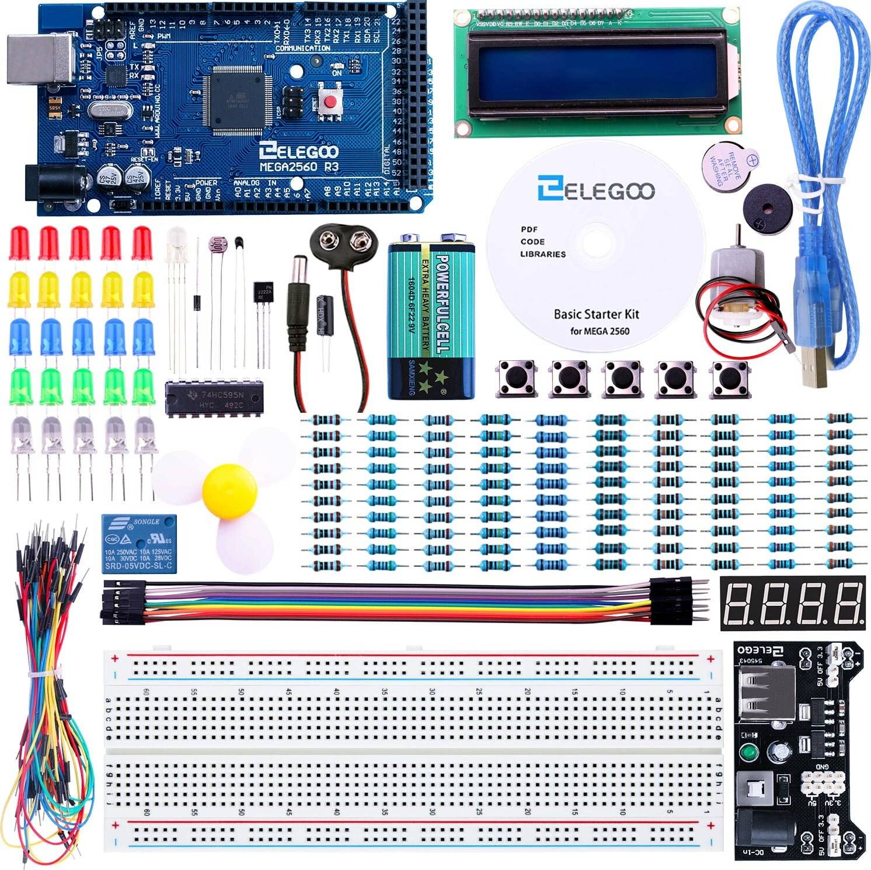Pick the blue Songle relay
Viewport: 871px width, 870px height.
139,544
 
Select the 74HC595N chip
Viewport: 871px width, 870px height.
214,399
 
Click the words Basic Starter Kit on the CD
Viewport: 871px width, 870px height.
596,314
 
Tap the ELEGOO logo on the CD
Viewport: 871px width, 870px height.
596,189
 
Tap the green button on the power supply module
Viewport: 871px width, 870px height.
748,750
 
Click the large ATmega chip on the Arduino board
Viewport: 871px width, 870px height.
236,97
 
